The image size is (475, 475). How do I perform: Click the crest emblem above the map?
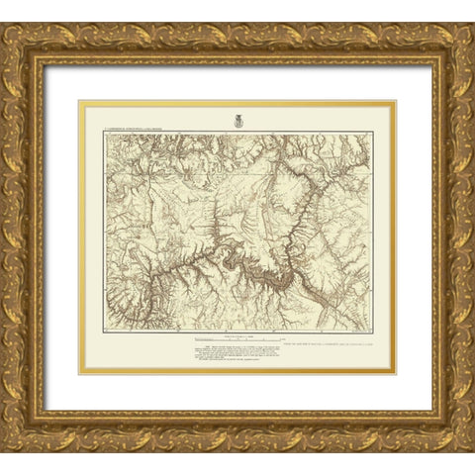pos(237,121)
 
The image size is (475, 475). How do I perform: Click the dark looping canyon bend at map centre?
pos(236,258)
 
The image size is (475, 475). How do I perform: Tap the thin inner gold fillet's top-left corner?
pos(80,101)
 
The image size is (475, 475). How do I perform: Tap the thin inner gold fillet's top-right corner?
pos(395,101)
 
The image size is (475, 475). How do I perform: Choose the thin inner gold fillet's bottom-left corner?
pos(80,373)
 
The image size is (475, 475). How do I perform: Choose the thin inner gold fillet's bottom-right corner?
pos(395,373)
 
